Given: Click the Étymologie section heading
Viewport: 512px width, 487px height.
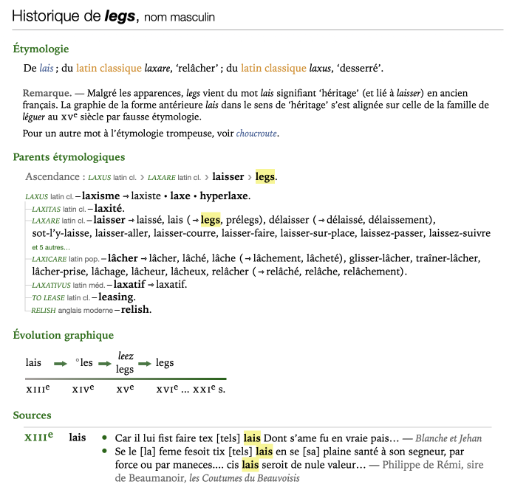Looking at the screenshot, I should point(41,49).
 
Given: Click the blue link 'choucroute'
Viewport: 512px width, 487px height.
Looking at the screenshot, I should point(258,134).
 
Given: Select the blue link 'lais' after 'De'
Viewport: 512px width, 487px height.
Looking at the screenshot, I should point(47,69).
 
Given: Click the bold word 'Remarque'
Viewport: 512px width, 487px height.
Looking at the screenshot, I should point(47,94).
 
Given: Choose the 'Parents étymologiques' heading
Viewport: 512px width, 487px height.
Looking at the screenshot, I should point(69,157).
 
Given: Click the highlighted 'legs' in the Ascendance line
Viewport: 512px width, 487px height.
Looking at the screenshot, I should point(265,177).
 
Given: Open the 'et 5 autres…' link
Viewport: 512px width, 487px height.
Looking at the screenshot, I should point(51,247).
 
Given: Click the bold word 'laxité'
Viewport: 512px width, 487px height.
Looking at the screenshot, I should point(108,208).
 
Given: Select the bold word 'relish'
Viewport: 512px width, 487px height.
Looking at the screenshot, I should point(136,309).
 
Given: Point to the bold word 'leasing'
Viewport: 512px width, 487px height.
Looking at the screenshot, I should point(116,297).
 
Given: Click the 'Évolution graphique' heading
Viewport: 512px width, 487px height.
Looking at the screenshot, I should point(63,335).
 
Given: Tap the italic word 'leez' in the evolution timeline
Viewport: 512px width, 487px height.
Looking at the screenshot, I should point(125,356).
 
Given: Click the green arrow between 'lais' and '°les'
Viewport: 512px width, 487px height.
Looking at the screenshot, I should point(60,363).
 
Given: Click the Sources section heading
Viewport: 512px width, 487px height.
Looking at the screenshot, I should point(32,415).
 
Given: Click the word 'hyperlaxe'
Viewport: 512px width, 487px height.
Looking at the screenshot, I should point(225,196).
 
